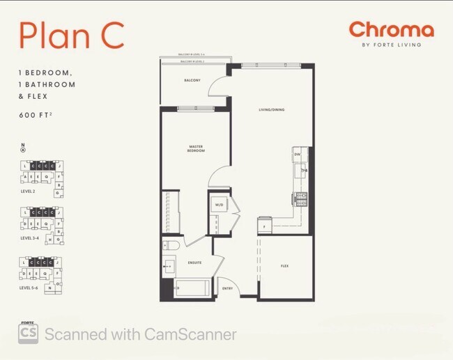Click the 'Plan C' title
71,36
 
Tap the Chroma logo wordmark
391,29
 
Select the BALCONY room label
192,80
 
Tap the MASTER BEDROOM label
196,149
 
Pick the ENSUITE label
196,263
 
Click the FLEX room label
284,266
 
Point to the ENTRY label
227,288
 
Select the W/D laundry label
219,205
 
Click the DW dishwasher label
297,154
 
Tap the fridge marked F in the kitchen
264,226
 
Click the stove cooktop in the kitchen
300,198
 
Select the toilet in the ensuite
172,245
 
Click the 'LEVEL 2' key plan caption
28,191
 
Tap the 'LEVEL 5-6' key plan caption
30,287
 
